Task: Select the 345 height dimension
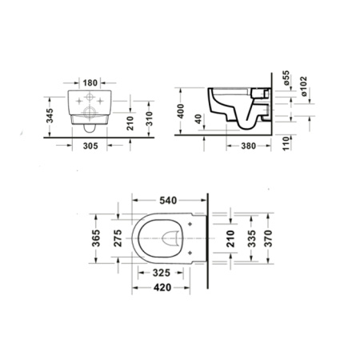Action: pyautogui.click(x=50, y=115)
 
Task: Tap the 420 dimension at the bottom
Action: pyautogui.click(x=163, y=288)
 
